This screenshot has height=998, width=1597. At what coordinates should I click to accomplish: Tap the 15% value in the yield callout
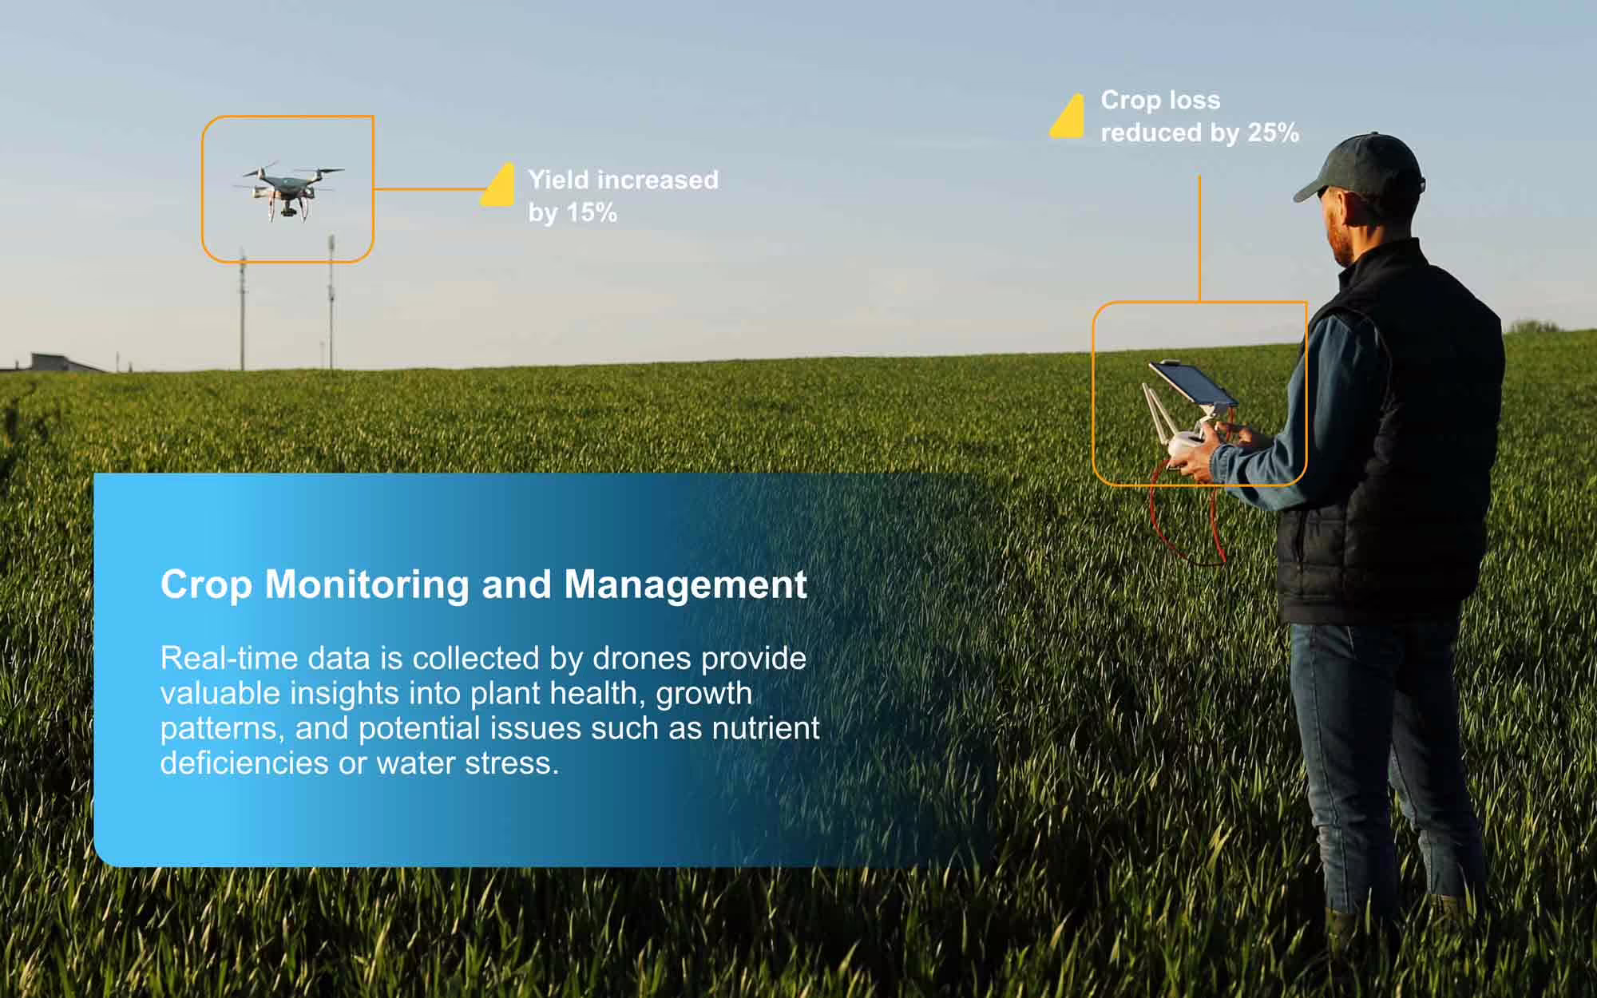pyautogui.click(x=592, y=213)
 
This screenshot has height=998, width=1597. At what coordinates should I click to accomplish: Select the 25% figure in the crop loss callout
pyautogui.click(x=1273, y=133)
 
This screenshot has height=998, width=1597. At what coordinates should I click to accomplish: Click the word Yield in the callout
pyautogui.click(x=559, y=180)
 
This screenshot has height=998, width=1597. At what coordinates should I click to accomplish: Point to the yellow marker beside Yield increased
pyautogui.click(x=498, y=186)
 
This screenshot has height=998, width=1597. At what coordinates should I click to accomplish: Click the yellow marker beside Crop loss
pyautogui.click(x=1068, y=117)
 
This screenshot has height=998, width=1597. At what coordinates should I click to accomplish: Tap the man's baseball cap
pyautogui.click(x=1362, y=165)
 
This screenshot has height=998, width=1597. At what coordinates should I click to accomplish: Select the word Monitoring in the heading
pyautogui.click(x=367, y=584)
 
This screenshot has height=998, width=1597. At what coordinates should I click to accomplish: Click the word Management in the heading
pyautogui.click(x=685, y=584)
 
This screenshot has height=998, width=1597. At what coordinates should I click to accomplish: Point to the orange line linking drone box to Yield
pyautogui.click(x=427, y=189)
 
